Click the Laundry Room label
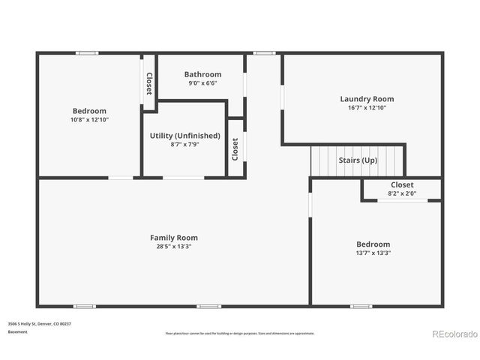point(367,99)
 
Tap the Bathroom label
point(203,74)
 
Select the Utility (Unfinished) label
point(185,136)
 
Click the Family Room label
point(174,238)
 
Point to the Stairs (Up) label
point(358,160)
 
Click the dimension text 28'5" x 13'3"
point(174,247)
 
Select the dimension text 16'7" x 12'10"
point(367,108)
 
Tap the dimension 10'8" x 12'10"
point(89,120)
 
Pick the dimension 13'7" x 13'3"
point(373,253)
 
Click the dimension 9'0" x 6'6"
point(203,84)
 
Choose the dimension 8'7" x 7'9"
point(185,145)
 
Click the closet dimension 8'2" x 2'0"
point(402,193)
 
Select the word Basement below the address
point(18,331)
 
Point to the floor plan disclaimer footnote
point(240,333)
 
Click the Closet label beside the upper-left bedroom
point(149,83)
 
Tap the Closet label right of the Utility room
point(235,148)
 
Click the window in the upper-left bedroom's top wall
point(87,52)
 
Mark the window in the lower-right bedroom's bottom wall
point(361,306)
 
